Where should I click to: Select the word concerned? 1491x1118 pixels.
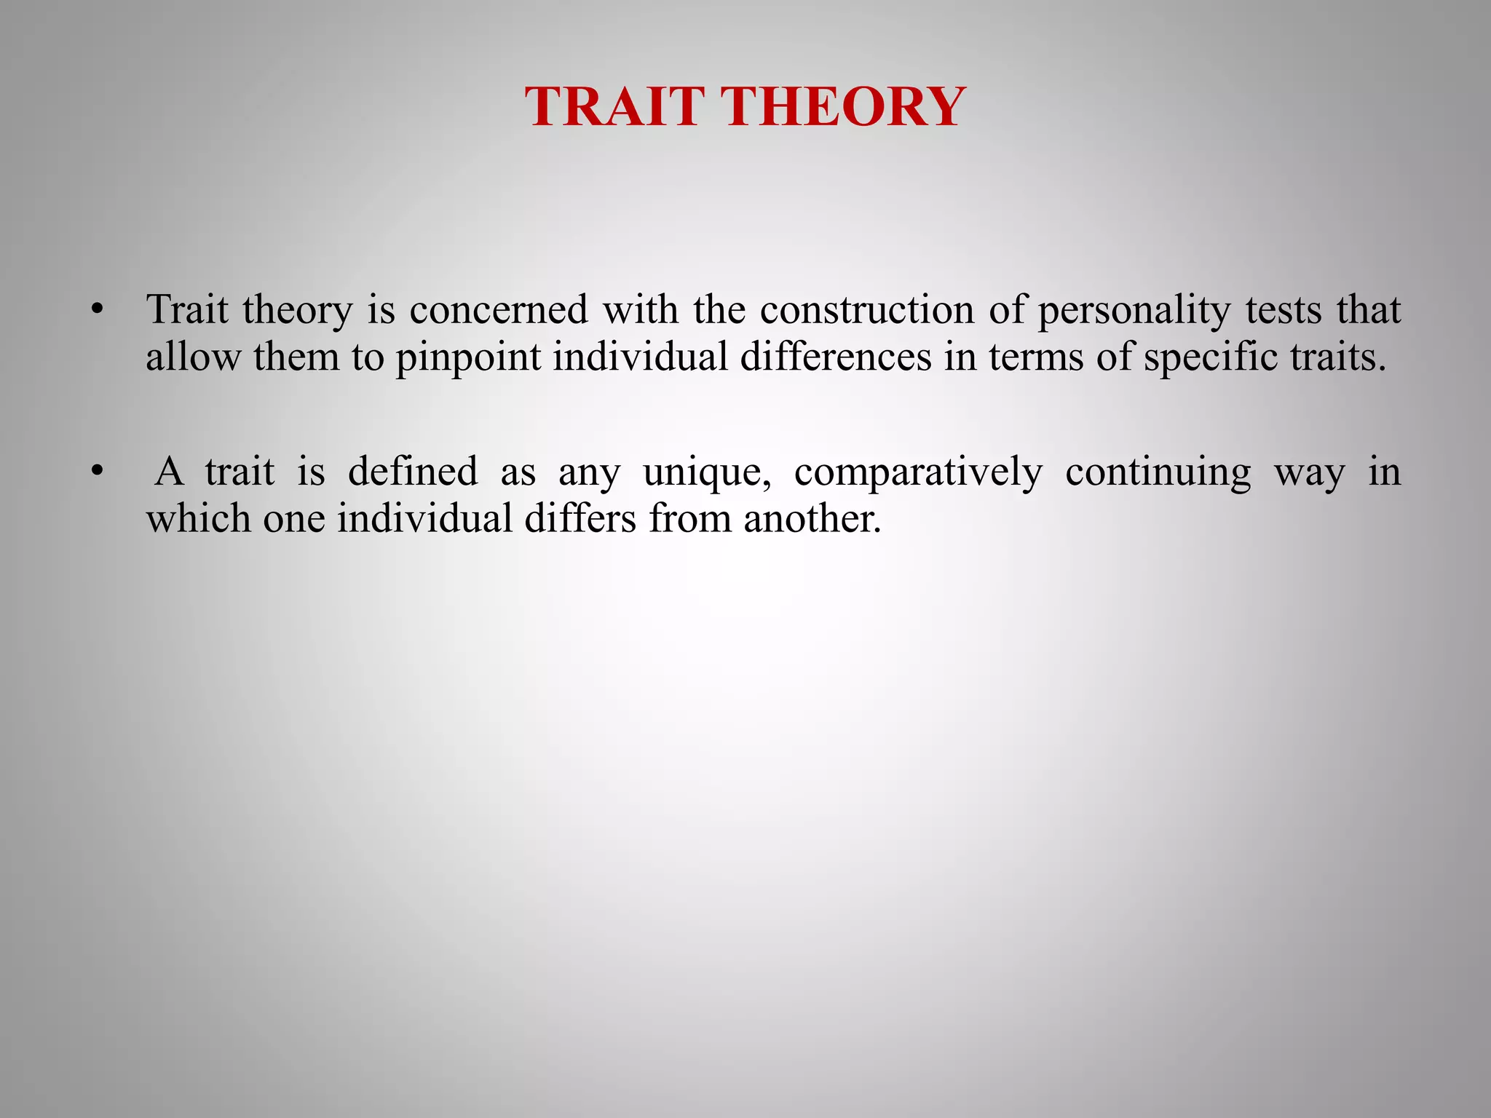[498, 311]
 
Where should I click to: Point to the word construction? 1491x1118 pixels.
[866, 311]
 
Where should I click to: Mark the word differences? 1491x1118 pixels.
[836, 357]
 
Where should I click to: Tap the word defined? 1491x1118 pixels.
[413, 472]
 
